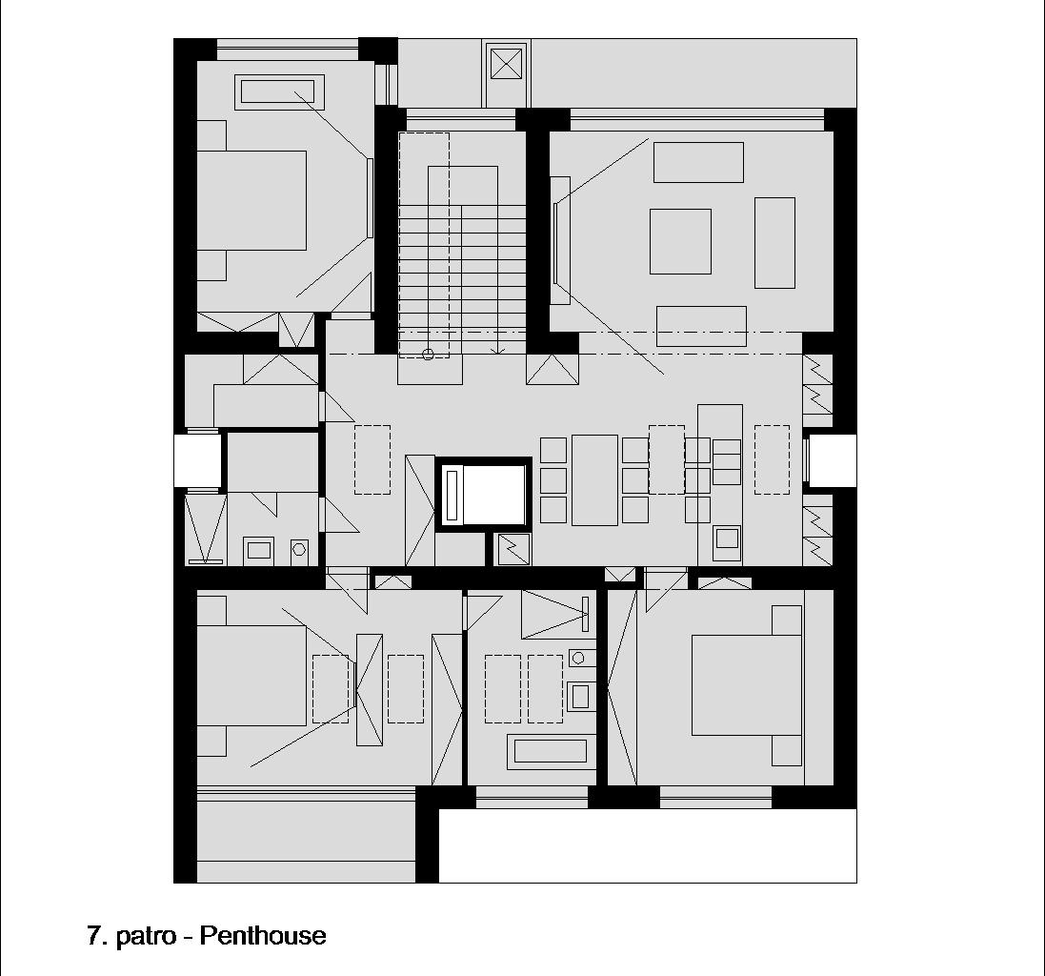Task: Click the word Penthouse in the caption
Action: (263, 935)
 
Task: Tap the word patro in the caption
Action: (146, 936)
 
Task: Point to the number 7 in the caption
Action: (95, 935)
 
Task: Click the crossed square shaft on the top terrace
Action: (507, 65)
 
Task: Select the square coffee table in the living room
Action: (680, 241)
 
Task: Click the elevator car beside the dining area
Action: (483, 494)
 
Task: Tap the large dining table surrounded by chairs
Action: (594, 480)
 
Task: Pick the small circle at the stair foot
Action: (429, 355)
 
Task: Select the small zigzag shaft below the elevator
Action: (513, 549)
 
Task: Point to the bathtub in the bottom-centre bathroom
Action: (551, 751)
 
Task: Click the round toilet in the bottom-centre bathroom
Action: (578, 658)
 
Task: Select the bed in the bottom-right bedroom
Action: (747, 685)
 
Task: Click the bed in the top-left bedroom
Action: (251, 201)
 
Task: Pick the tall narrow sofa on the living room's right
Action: (774, 243)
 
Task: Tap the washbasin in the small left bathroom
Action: (258, 550)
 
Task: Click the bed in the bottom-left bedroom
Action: (251, 676)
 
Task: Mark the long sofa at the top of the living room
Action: (698, 162)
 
